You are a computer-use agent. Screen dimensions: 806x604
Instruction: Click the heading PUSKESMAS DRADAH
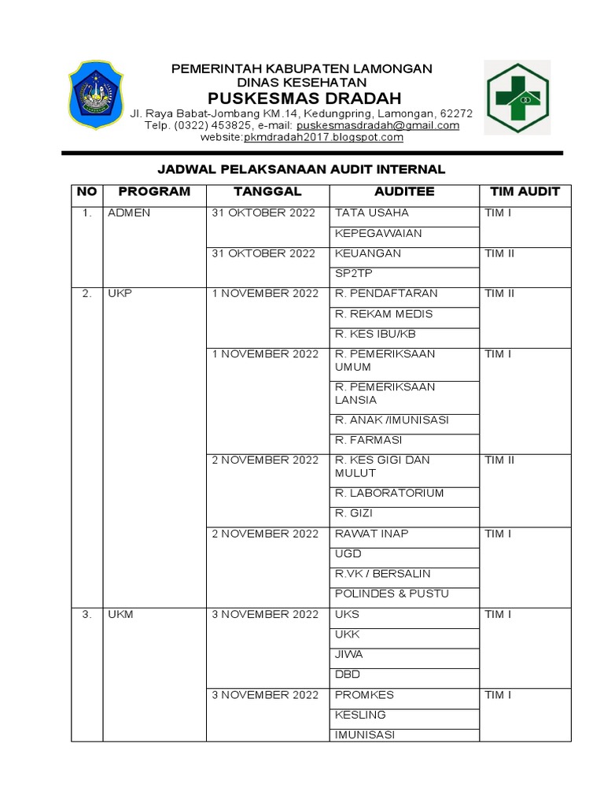304,98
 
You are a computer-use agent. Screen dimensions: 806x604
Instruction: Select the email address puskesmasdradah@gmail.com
377,125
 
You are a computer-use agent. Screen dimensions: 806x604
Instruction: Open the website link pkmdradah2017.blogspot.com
323,137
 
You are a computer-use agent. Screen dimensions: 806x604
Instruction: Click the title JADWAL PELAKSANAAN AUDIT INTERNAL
301,169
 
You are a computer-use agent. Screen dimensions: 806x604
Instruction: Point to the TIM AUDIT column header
525,191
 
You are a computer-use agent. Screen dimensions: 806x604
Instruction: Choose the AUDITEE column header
404,191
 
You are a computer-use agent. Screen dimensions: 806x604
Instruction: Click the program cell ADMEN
129,213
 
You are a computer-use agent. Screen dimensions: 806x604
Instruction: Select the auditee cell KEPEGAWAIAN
378,234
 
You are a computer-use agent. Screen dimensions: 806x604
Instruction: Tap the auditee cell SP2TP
354,274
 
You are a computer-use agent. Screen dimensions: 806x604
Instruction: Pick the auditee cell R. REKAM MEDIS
383,314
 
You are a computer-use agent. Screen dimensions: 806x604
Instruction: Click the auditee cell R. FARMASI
369,440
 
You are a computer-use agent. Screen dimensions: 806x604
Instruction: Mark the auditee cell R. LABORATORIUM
389,494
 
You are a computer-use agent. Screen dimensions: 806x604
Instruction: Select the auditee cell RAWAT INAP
372,534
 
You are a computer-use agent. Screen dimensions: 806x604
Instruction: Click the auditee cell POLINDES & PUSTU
392,593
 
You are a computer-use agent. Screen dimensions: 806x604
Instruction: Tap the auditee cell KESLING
360,715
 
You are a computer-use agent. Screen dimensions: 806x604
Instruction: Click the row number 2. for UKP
87,294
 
